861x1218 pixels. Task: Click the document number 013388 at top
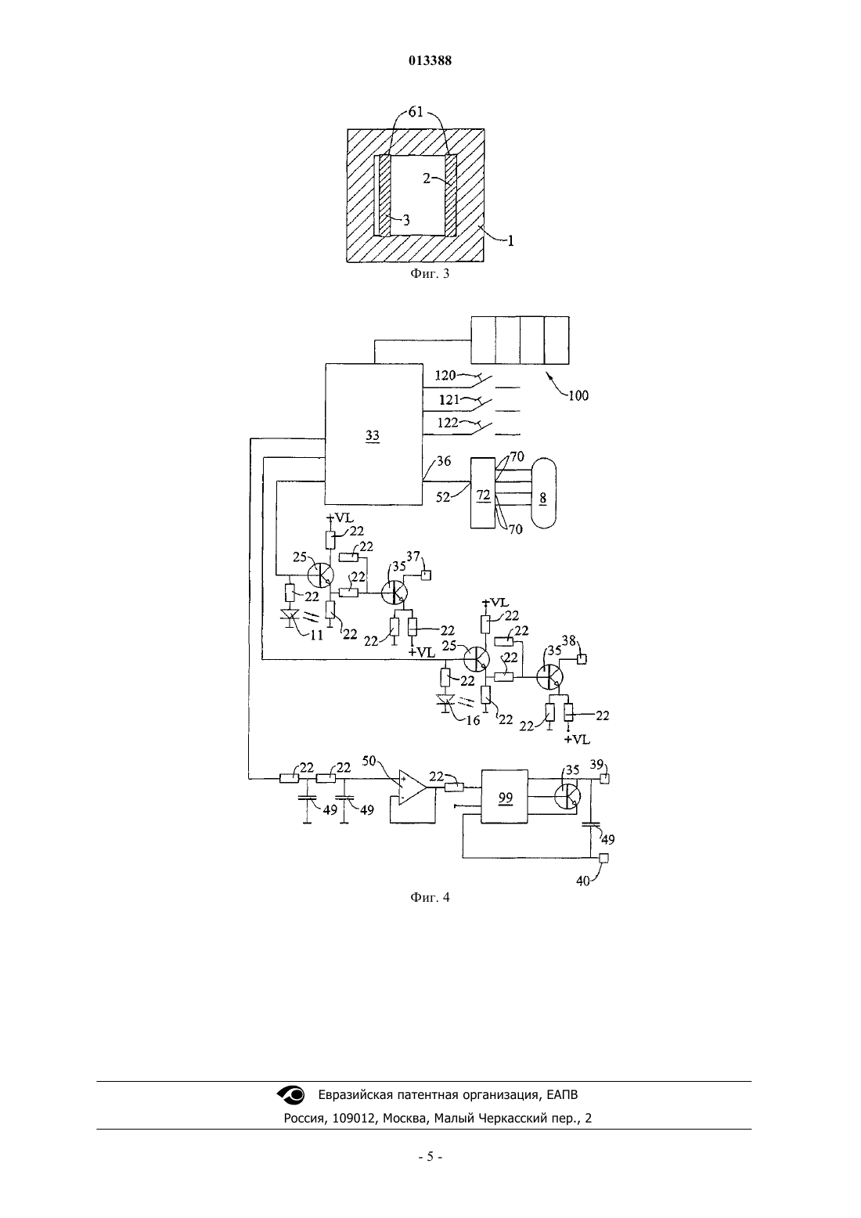(430, 60)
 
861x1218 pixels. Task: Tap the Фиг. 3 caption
(430, 273)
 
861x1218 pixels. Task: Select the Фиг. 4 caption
(430, 897)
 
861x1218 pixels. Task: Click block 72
(483, 492)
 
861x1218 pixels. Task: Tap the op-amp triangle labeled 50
(412, 787)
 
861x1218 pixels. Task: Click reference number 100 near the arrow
(578, 395)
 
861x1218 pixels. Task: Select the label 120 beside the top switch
(445, 375)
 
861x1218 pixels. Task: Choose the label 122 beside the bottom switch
(448, 423)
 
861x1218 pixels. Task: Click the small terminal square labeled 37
(426, 575)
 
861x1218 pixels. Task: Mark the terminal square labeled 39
(604, 779)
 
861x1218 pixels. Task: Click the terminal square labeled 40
(603, 858)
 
